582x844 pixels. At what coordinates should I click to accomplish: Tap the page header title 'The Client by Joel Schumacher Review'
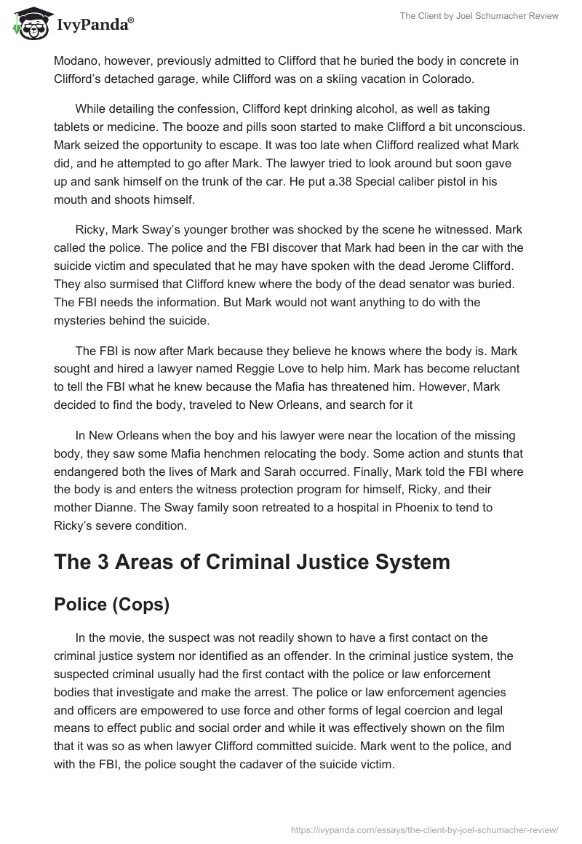click(x=479, y=16)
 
